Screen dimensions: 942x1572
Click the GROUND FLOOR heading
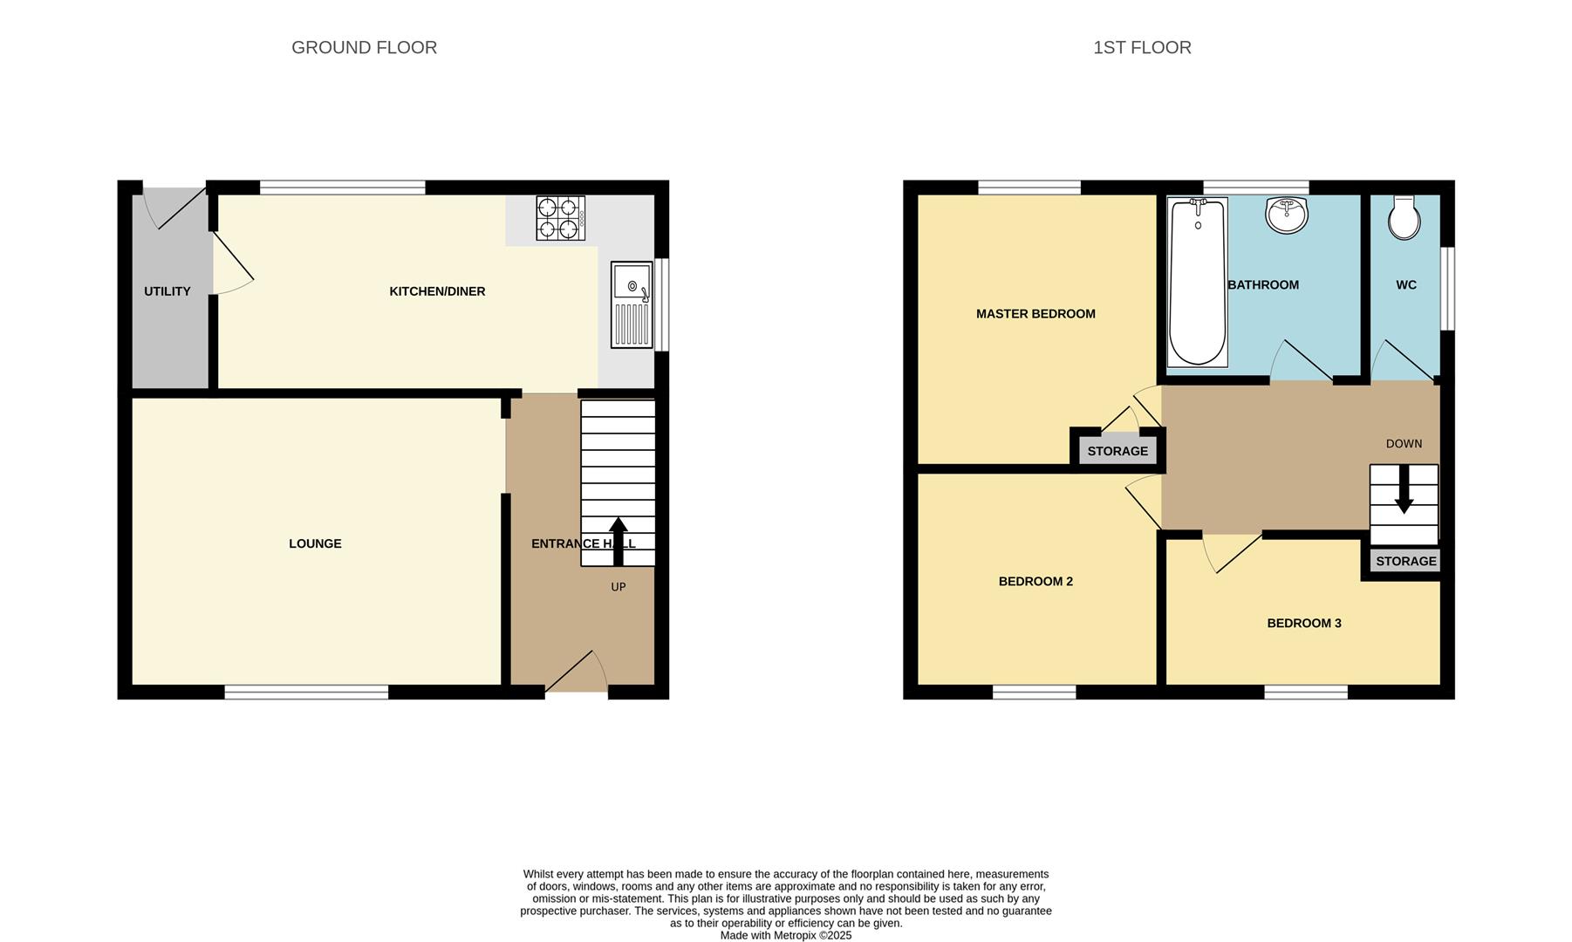click(x=364, y=48)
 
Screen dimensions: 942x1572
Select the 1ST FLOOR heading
click(x=1141, y=48)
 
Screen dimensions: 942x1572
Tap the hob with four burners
click(x=560, y=218)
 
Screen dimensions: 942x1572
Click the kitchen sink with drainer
click(x=632, y=304)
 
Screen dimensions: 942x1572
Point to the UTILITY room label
click(x=167, y=291)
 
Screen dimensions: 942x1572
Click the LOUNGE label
click(x=315, y=543)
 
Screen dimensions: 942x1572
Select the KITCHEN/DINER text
click(x=437, y=291)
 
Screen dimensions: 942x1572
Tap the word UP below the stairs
click(x=619, y=587)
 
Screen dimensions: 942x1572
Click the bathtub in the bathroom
click(x=1197, y=282)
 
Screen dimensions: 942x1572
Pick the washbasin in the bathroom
click(x=1287, y=215)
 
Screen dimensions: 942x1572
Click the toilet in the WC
click(x=1405, y=218)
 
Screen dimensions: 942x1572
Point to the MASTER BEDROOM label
click(x=1035, y=314)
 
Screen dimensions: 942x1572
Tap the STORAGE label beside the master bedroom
click(x=1117, y=451)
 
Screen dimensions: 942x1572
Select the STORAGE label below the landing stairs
click(x=1405, y=561)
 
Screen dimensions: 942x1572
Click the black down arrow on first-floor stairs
click(x=1404, y=490)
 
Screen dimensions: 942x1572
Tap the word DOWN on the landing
click(x=1404, y=444)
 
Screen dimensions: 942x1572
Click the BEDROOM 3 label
click(x=1304, y=623)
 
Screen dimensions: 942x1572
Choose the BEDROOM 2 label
click(x=1035, y=581)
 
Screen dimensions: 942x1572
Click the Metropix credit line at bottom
click(x=785, y=935)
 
